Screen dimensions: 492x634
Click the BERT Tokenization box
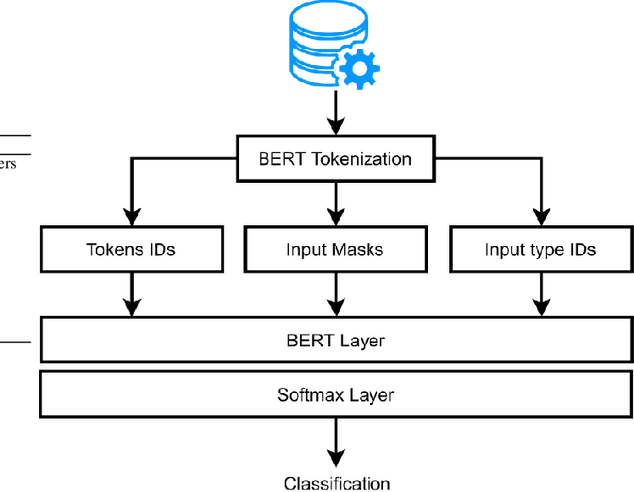coord(336,158)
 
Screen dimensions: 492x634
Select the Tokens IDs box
coord(131,248)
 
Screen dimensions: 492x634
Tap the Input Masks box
coord(336,248)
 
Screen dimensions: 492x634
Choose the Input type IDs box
coord(540,248)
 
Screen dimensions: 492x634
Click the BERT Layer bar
coord(336,342)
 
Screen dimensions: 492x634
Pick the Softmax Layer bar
coord(336,395)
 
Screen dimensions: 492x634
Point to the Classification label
coord(337,483)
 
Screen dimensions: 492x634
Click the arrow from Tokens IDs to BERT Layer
coord(131,294)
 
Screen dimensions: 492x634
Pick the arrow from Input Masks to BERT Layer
coord(336,294)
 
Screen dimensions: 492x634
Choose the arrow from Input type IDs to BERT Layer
coord(540,294)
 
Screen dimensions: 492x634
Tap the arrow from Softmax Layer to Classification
coord(336,442)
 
